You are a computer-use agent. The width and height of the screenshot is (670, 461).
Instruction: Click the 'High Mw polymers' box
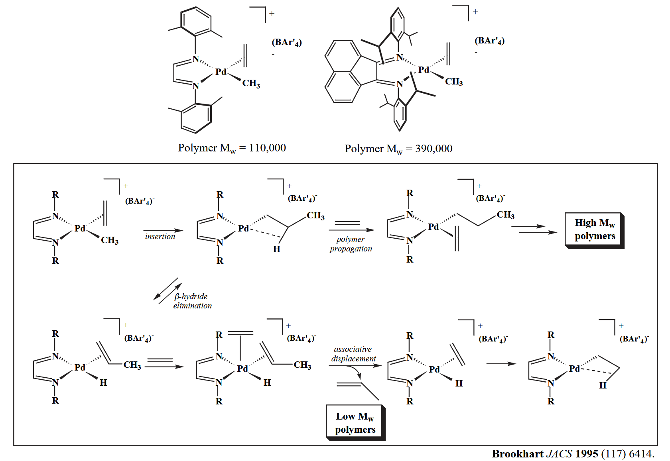click(x=594, y=230)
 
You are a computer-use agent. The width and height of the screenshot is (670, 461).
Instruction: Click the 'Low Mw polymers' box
click(x=355, y=423)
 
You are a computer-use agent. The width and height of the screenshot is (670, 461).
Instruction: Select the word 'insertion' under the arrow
click(x=160, y=236)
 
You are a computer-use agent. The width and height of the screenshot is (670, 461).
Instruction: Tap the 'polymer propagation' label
click(x=351, y=244)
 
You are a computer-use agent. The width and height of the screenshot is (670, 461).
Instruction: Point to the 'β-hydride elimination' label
click(x=192, y=301)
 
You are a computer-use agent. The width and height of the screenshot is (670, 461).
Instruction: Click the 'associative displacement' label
click(x=353, y=354)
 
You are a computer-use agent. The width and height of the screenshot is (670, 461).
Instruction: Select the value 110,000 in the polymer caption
click(x=267, y=148)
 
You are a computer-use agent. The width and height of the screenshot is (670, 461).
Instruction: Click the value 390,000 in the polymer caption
click(x=434, y=149)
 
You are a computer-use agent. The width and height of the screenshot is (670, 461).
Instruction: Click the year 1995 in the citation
click(x=587, y=454)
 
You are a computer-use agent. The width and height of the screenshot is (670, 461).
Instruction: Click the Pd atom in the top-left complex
click(x=221, y=72)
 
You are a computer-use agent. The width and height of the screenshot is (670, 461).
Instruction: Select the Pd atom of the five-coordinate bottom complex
click(x=242, y=369)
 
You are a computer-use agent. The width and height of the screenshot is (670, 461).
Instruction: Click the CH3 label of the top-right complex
click(x=454, y=82)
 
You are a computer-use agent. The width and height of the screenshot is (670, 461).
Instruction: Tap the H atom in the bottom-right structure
click(x=602, y=385)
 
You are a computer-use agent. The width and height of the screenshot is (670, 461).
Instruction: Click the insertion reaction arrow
click(x=163, y=230)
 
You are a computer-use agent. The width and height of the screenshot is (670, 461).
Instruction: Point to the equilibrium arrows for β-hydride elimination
click(x=168, y=291)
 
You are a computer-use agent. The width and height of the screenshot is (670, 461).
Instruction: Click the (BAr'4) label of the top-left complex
click(x=286, y=42)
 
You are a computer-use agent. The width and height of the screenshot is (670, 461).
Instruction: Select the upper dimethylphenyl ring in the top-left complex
click(x=195, y=22)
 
